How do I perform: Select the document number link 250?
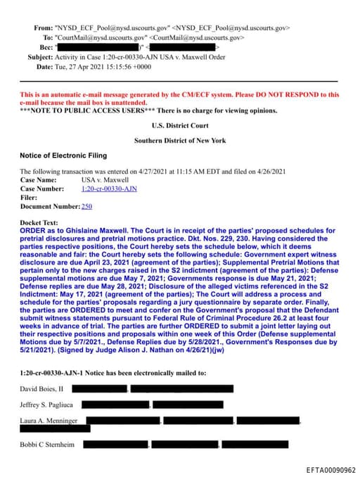[x=87, y=206]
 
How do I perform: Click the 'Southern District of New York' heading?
[x=179, y=141]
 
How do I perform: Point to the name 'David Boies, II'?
[x=41, y=388]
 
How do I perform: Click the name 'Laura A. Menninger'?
[x=49, y=421]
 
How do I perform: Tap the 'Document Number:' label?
[x=50, y=206]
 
